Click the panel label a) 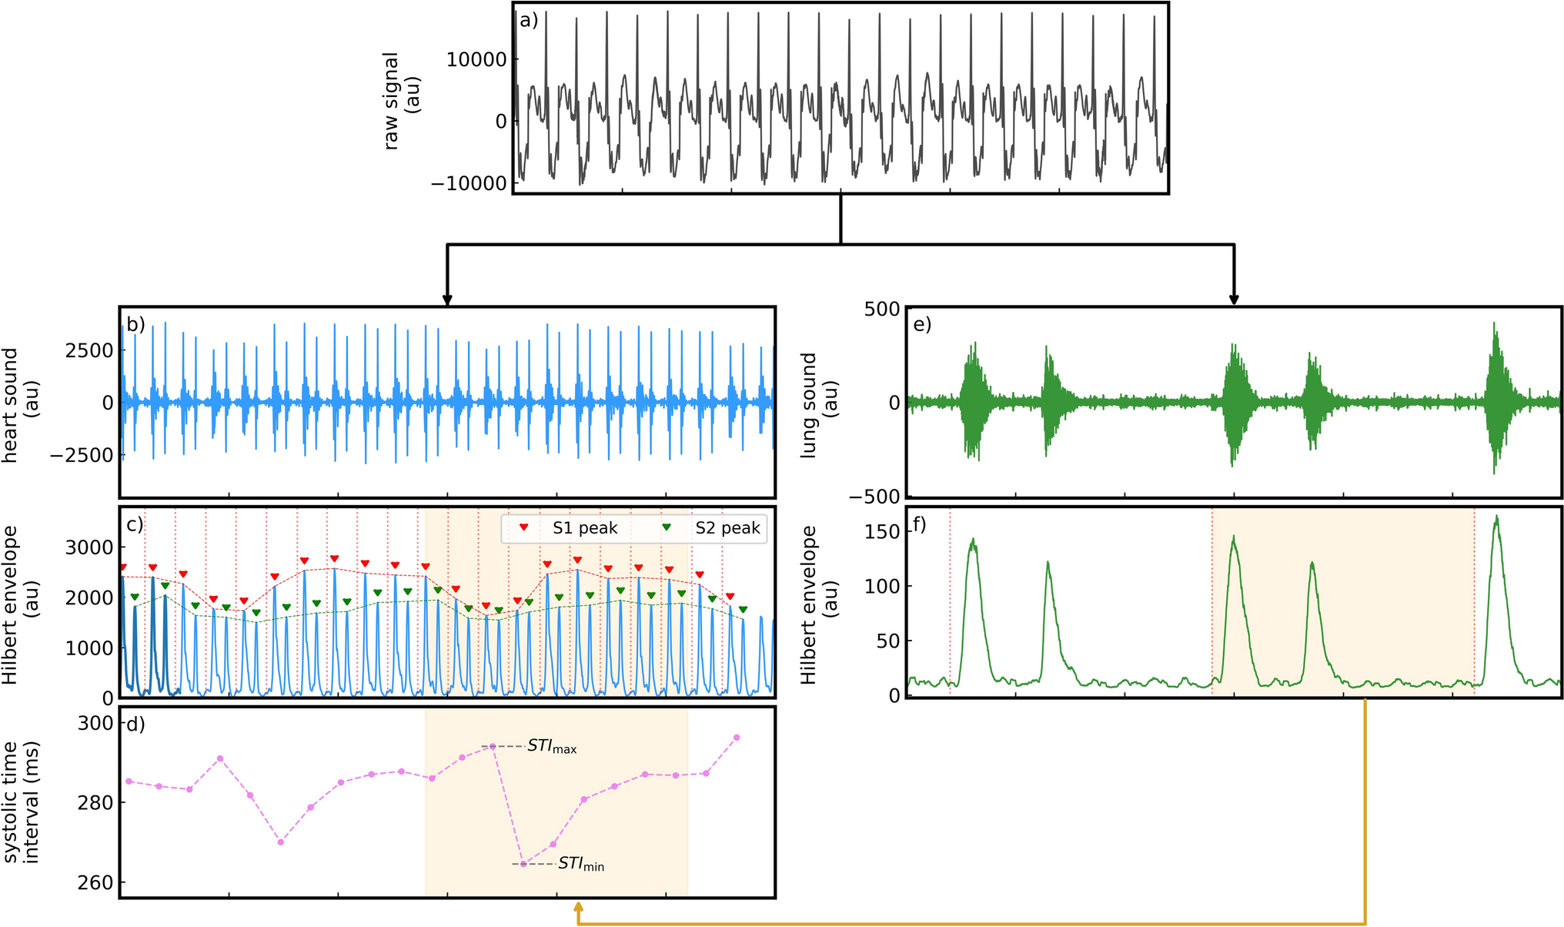pyautogui.click(x=529, y=21)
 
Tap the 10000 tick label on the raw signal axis pyautogui.click(x=476, y=59)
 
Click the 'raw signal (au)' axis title pyautogui.click(x=401, y=100)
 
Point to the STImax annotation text pyautogui.click(x=552, y=747)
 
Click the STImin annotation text pyautogui.click(x=581, y=865)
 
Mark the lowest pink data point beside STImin pyautogui.click(x=523, y=865)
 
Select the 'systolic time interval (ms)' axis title pyautogui.click(x=21, y=802)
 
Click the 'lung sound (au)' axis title pyautogui.click(x=819, y=405)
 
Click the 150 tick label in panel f pyautogui.click(x=882, y=532)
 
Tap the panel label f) pyautogui.click(x=919, y=525)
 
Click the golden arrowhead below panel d pyautogui.click(x=578, y=910)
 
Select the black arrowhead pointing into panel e pyautogui.click(x=1235, y=300)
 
